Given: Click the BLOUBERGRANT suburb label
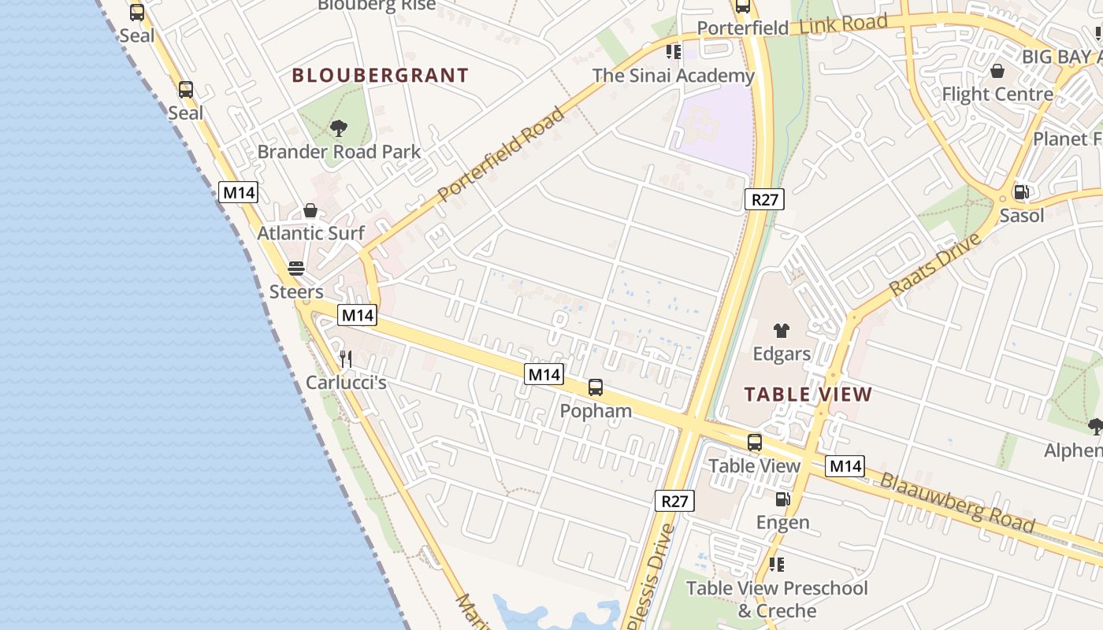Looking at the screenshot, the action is pos(381,76).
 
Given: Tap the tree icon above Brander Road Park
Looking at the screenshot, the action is pos(339,128).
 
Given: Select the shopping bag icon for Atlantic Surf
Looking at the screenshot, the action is pos(310,210).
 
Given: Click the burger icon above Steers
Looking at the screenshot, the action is pos(296,269).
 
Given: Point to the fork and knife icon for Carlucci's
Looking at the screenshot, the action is pos(346,359).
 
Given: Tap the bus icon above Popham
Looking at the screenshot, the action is pos(596,387).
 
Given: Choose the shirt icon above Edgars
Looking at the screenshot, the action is pos(781,331).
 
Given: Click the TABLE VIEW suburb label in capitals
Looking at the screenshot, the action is pos(808,395).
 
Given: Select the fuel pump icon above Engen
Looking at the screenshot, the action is pos(782,498).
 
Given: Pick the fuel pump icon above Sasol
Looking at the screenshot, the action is pos(1021,192).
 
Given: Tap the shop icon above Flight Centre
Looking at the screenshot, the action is pos(997,72).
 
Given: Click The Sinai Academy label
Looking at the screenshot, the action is pos(674,76).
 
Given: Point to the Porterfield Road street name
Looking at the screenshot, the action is pos(501,154).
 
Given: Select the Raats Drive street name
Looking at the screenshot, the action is pos(934,265).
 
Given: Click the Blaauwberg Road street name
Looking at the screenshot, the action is pos(957,502).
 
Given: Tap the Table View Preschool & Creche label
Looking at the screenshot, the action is pos(777,599).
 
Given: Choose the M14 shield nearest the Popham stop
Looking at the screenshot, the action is pos(544,374).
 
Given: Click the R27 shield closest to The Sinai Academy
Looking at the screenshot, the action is pos(764,199).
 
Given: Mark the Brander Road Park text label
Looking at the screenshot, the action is pos(340,152).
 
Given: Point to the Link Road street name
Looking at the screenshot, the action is pos(844,24).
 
